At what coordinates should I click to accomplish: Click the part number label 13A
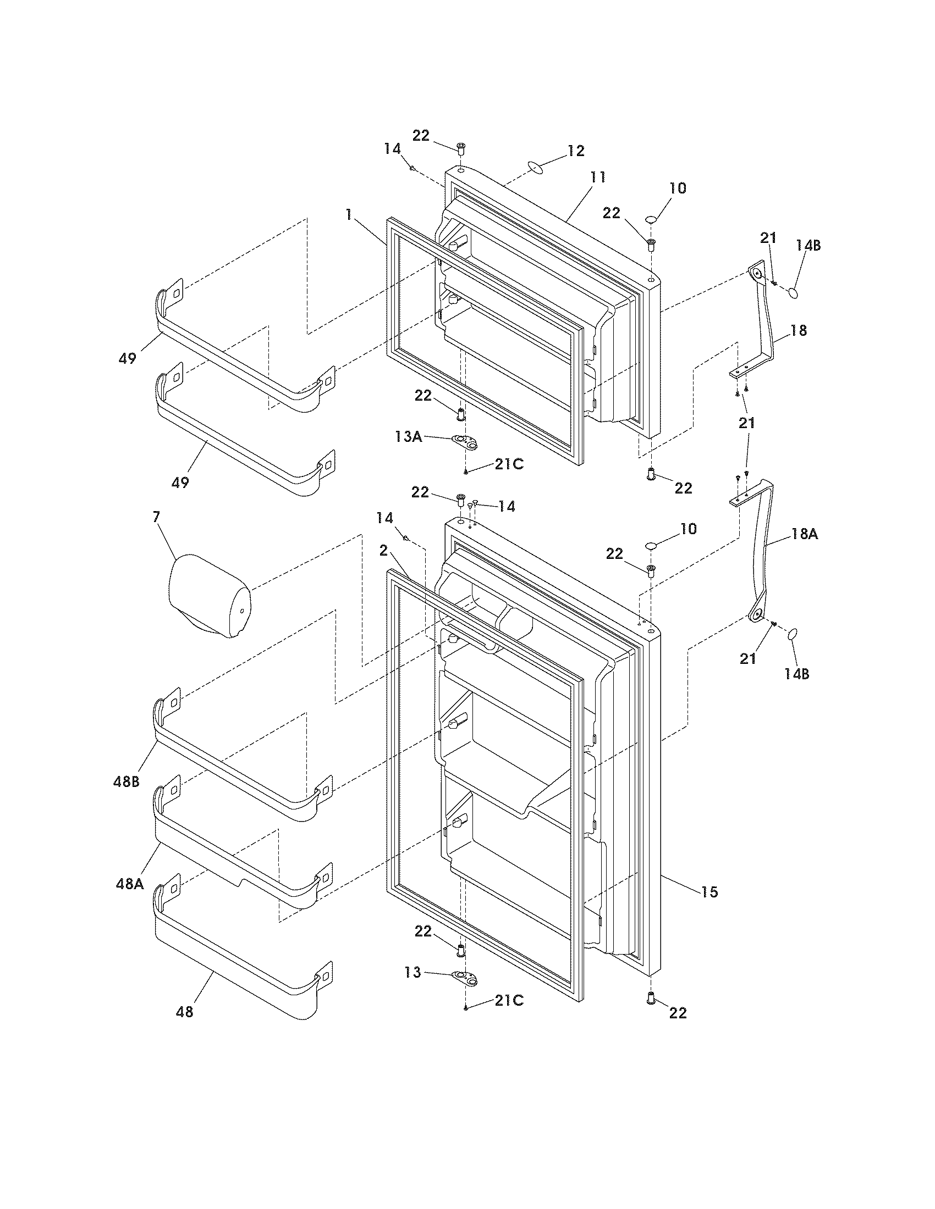[408, 437]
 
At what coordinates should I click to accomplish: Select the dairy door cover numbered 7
[208, 598]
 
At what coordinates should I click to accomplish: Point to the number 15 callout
[709, 892]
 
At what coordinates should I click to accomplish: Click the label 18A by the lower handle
[805, 534]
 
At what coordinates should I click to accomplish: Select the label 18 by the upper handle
[798, 330]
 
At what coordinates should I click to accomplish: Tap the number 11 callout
[598, 178]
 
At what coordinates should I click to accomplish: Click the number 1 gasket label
[348, 215]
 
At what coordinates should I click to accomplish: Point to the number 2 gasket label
[383, 550]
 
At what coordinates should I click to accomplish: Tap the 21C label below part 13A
[509, 464]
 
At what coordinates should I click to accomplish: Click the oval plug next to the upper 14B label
[794, 292]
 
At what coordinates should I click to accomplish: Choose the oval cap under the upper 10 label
[651, 220]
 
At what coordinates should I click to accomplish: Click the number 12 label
[576, 151]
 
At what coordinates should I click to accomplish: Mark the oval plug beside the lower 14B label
[793, 634]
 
